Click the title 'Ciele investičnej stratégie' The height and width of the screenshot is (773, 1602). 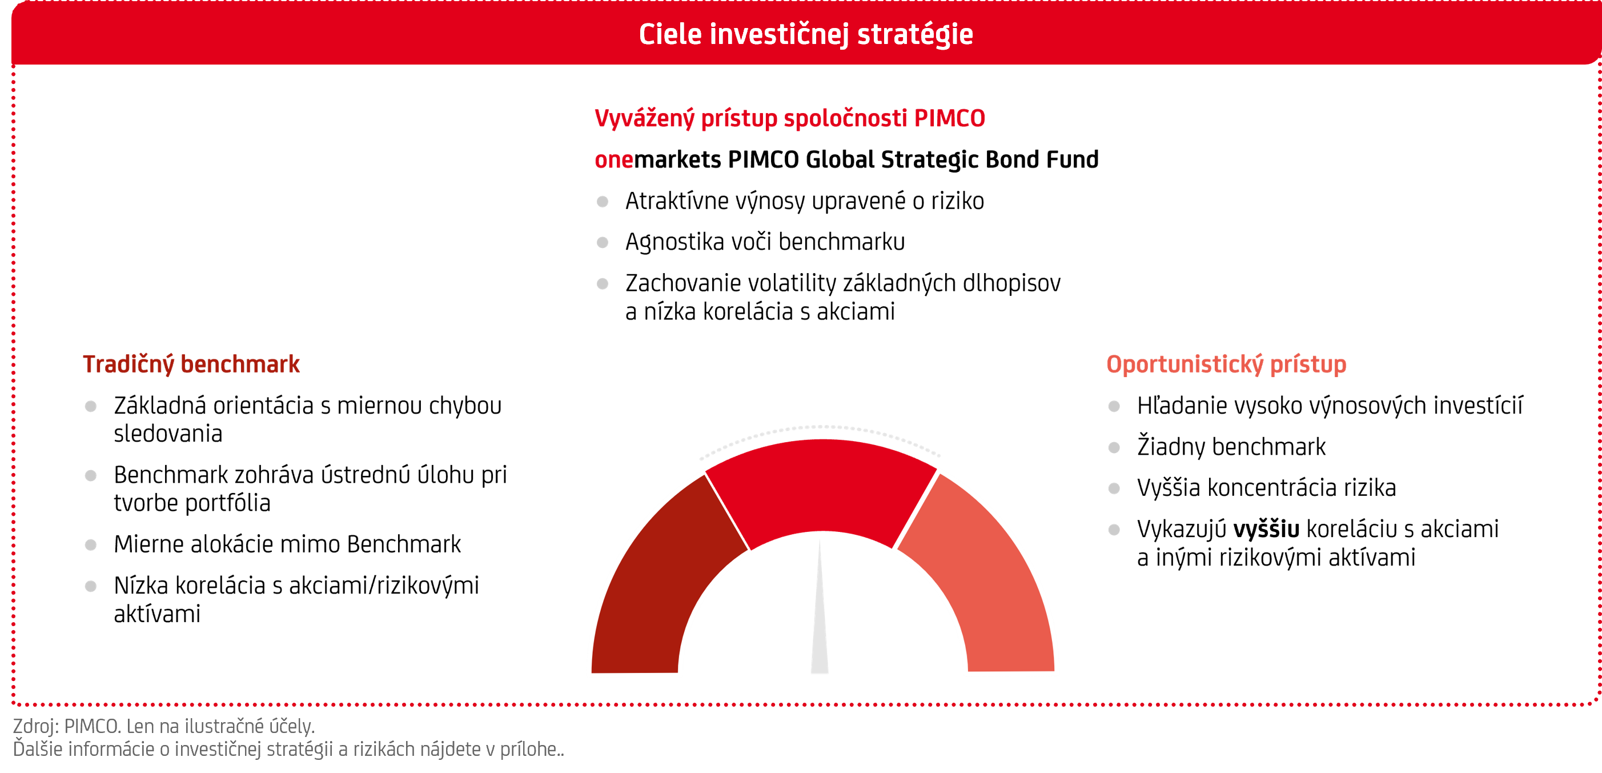coord(806,34)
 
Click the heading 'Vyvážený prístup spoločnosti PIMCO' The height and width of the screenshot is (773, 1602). coord(790,119)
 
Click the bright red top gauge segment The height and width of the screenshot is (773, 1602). coord(821,485)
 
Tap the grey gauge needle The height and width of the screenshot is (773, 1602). coord(820,616)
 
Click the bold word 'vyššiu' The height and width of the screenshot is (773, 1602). coord(1266,529)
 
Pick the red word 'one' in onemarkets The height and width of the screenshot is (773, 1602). coord(614,161)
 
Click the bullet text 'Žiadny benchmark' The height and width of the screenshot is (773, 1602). coord(1231,447)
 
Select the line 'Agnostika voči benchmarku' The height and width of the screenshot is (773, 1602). coord(765,242)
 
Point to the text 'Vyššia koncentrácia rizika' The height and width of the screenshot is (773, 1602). coord(1266,487)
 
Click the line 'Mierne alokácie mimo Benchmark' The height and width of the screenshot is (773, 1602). coord(287,544)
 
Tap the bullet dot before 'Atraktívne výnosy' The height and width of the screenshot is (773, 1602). coord(602,202)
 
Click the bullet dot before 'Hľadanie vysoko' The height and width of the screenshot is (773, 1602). coord(1114,407)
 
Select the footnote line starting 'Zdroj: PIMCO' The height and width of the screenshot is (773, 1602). coord(163,726)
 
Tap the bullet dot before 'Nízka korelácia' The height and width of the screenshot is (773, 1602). coord(91,586)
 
